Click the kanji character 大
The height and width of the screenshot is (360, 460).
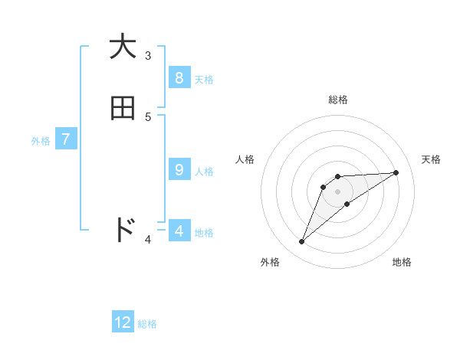123,47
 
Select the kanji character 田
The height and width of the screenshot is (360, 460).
123,109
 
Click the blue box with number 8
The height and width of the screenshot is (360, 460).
179,78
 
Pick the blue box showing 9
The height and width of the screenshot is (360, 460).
179,170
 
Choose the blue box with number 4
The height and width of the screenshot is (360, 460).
179,230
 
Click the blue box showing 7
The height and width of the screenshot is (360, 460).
65,139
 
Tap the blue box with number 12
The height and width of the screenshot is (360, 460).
123,322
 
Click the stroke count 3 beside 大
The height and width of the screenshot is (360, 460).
148,55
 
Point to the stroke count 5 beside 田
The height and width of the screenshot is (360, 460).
148,116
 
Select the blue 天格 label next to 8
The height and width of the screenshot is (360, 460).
204,79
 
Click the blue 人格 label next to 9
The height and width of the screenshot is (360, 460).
204,172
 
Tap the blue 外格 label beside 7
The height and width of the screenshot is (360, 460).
41,141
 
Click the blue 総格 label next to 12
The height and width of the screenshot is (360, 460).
147,324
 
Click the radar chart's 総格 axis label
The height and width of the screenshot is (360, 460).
338,100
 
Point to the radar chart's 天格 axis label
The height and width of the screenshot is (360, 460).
431,159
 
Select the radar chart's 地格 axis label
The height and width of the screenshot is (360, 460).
402,262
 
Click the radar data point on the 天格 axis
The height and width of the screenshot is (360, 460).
396,172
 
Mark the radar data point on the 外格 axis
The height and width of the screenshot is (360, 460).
302,242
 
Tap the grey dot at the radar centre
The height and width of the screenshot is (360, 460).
338,191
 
